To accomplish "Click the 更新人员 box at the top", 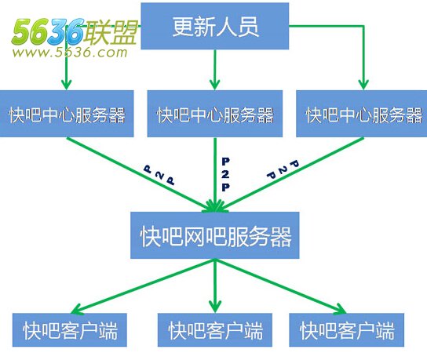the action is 214,26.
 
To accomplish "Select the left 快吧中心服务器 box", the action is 67,114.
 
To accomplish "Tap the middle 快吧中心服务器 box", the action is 215,114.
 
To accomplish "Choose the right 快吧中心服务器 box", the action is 362,114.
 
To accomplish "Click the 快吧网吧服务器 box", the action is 215,235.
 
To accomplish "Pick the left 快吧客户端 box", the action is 70,329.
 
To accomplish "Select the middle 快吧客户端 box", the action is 215,329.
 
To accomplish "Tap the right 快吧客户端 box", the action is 346,329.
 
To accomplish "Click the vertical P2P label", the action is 225,174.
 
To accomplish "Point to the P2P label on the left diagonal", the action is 159,175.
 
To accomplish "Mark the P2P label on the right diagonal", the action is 283,169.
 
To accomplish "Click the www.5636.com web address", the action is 70,53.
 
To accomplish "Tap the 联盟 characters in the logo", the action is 110,33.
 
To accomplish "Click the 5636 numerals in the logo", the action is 48,31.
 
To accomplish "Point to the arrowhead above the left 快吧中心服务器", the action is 66,85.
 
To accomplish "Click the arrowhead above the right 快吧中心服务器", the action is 363,85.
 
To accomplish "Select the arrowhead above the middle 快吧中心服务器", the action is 215,85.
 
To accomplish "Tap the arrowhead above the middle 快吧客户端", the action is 215,307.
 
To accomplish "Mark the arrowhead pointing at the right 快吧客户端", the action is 339,309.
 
